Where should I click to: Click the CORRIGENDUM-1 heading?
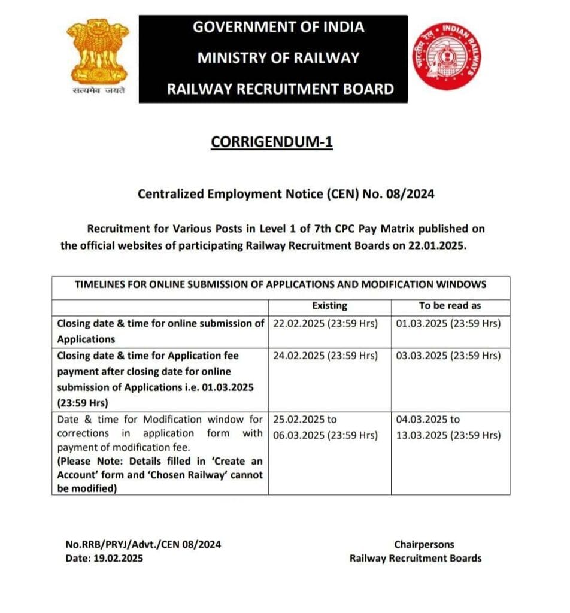[x=271, y=142]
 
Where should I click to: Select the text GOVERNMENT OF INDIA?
[x=278, y=27]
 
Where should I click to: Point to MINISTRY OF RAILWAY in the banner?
[x=278, y=58]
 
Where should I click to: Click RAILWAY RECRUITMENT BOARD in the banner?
[x=280, y=90]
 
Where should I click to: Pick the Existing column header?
[x=329, y=305]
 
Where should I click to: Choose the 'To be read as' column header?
[x=450, y=305]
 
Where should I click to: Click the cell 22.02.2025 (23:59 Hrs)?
[x=326, y=323]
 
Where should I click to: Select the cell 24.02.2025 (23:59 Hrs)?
[x=326, y=356]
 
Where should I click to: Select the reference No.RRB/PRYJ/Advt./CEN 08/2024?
[x=143, y=544]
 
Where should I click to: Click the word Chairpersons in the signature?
[x=424, y=544]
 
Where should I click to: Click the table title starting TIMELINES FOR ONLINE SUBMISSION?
[x=280, y=284]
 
